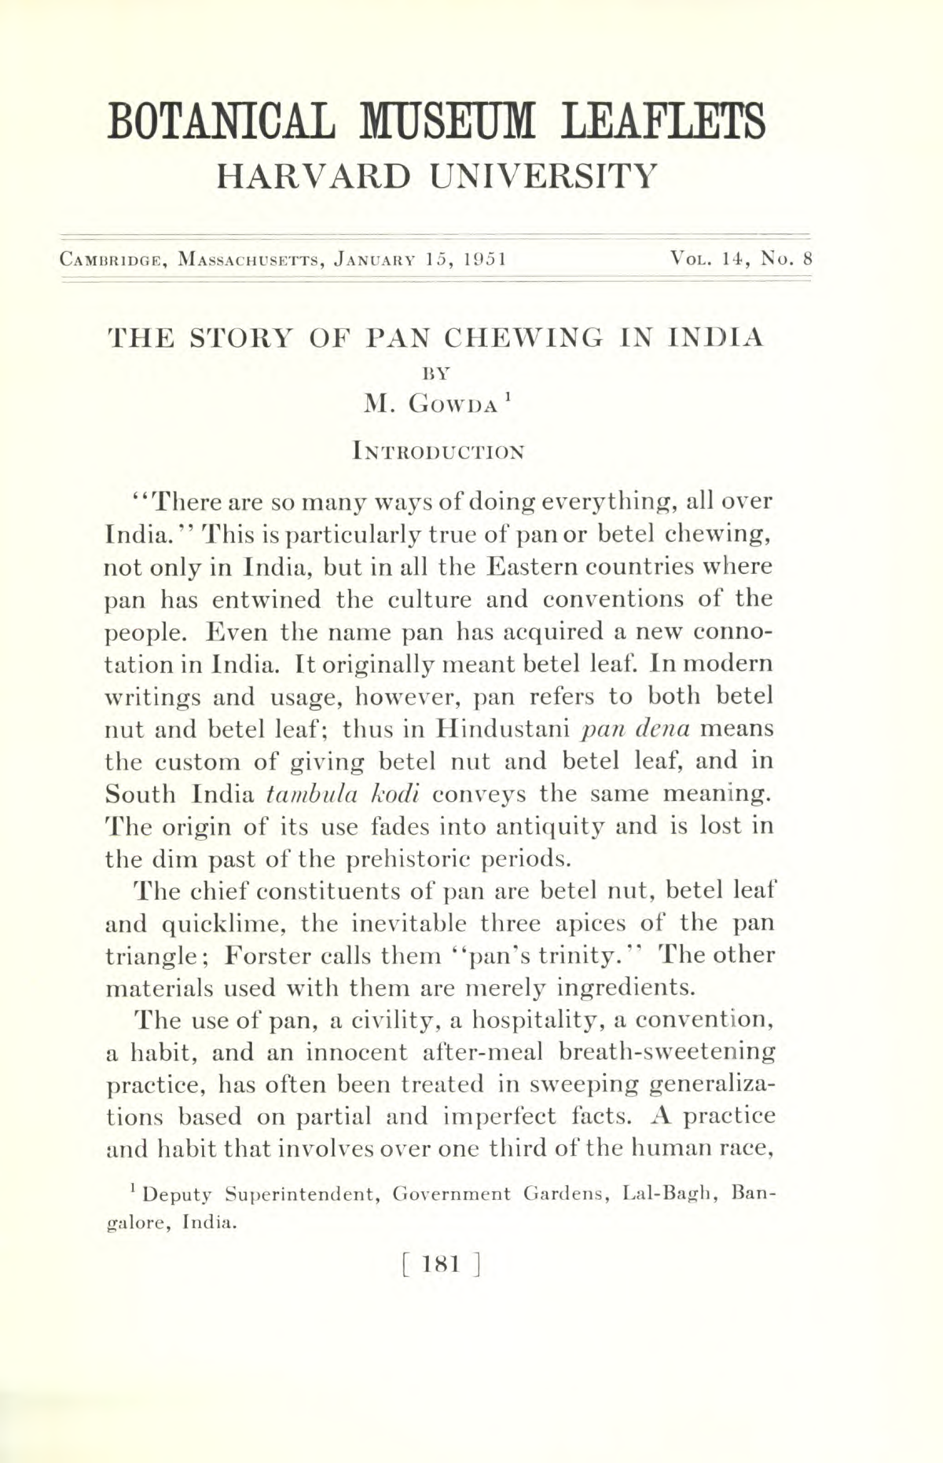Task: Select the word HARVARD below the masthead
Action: pyautogui.click(x=313, y=177)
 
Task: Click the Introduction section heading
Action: pyautogui.click(x=438, y=452)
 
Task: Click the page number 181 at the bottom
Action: pyautogui.click(x=438, y=1264)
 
